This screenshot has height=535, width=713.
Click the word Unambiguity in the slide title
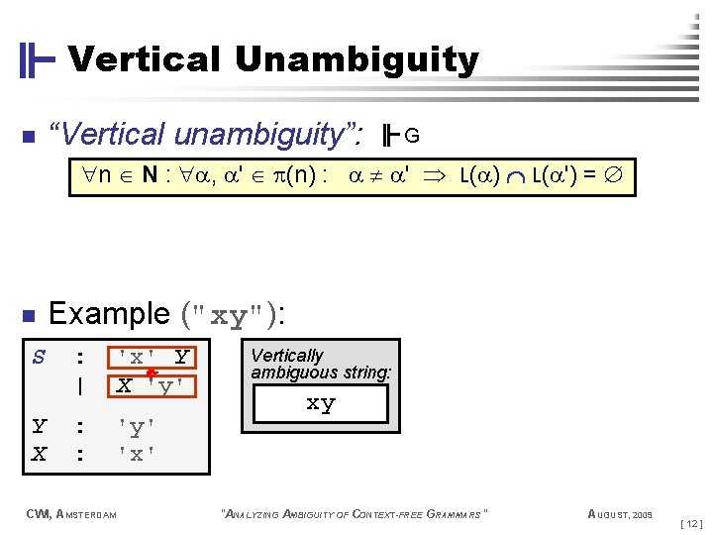click(x=356, y=60)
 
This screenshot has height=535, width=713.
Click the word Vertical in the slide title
click(x=144, y=60)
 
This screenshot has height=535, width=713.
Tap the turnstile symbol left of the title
click(x=37, y=60)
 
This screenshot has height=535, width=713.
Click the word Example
click(x=109, y=314)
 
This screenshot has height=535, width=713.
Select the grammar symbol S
click(x=39, y=356)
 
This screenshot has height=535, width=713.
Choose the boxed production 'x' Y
click(x=153, y=357)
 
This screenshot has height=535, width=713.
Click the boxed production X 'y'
click(x=153, y=384)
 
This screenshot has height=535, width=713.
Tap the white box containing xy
click(x=321, y=404)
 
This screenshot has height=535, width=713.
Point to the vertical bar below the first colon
click(x=79, y=385)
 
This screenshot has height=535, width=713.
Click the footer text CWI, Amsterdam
click(x=71, y=513)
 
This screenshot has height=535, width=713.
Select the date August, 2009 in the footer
click(x=620, y=513)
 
